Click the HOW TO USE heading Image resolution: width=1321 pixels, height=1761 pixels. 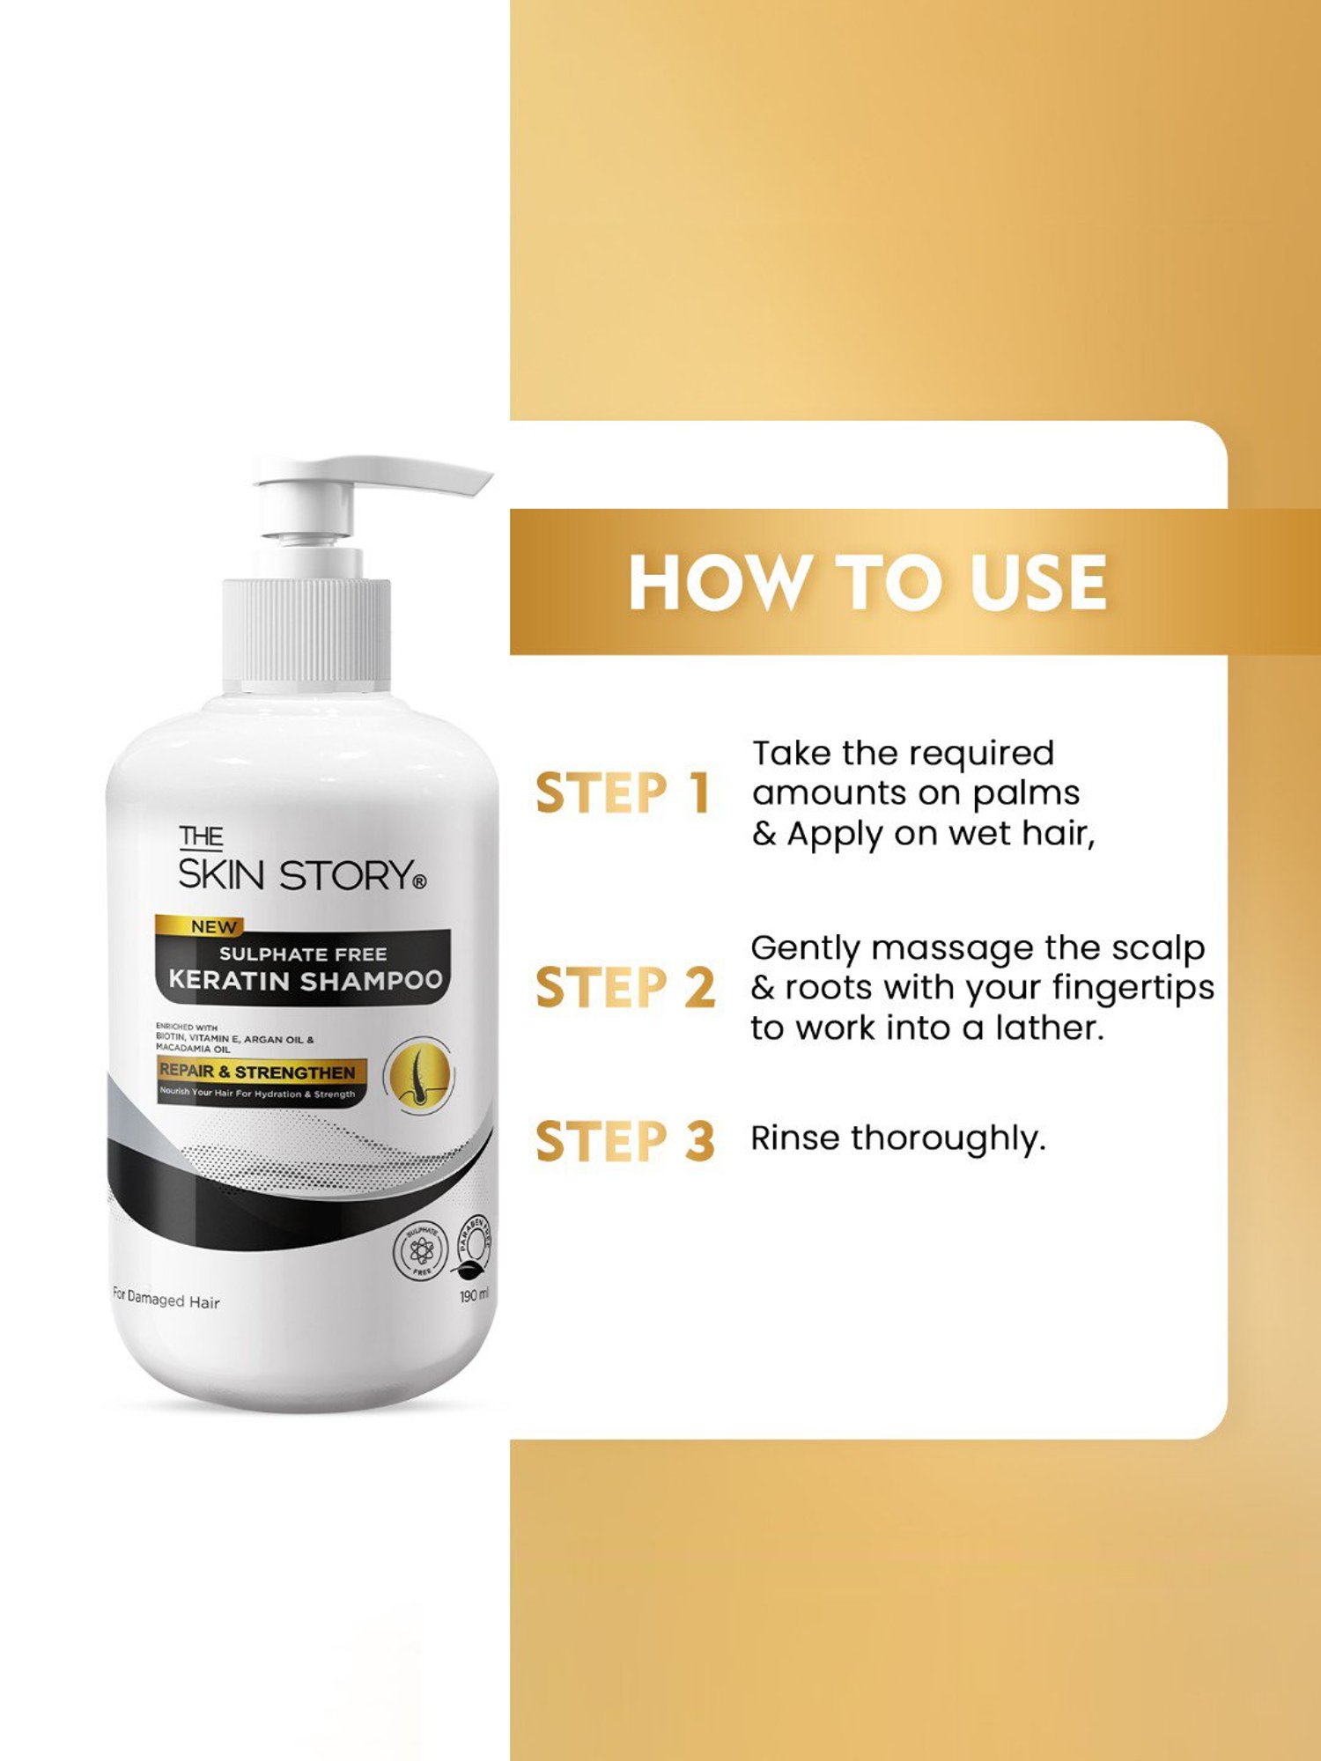(867, 583)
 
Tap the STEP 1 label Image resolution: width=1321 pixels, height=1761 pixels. (623, 792)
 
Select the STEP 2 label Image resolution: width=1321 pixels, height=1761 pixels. (624, 986)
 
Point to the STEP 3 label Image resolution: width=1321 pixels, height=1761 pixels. (624, 1141)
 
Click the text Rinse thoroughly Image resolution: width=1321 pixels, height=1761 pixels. (897, 1138)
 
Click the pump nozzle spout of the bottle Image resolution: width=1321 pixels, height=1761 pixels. (423, 475)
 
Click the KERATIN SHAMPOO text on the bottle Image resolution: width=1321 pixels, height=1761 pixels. (305, 980)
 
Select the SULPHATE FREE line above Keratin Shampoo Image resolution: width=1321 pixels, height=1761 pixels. (303, 954)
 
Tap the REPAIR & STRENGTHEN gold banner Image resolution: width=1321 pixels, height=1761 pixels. (257, 1072)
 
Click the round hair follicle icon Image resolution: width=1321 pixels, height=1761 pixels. (419, 1074)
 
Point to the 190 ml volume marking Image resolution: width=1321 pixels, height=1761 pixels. (474, 1295)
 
